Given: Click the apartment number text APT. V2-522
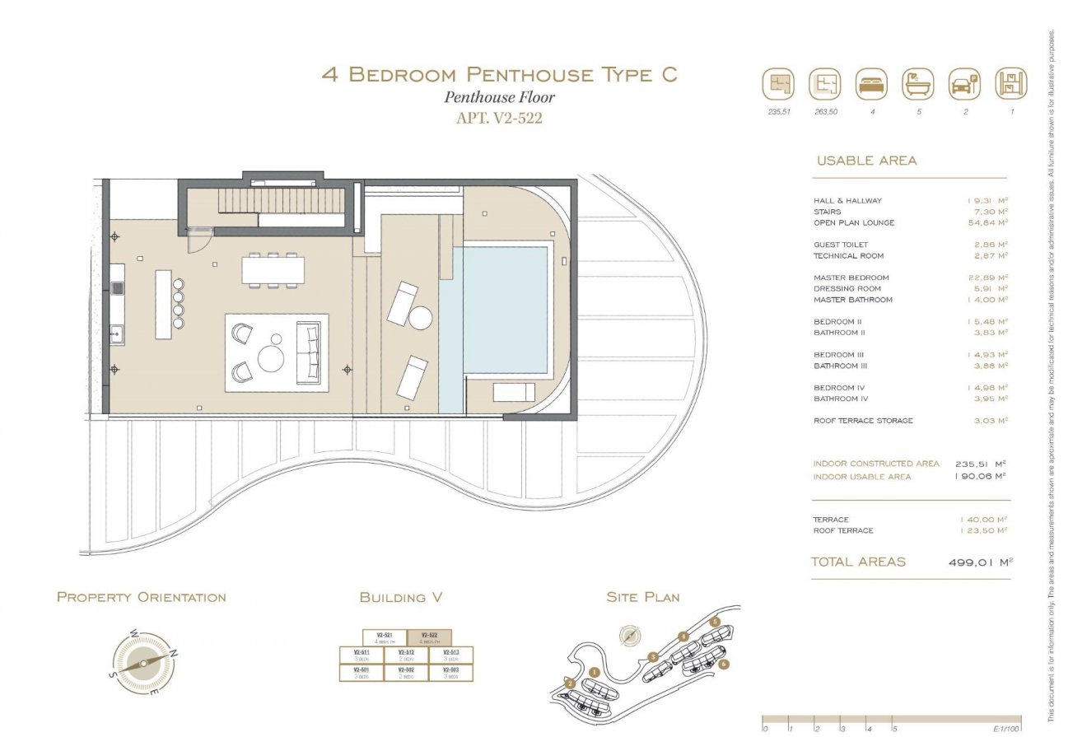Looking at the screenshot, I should tap(499, 118).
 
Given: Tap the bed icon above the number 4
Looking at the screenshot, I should tap(871, 84).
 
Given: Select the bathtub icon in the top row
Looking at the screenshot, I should tap(918, 84).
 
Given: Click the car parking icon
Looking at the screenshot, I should tap(964, 84).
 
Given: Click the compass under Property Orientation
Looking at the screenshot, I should tap(143, 662).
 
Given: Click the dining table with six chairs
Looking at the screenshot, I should tap(273, 270).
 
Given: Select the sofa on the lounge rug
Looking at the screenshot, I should tap(311, 352).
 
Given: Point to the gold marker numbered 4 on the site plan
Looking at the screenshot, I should tap(683, 636).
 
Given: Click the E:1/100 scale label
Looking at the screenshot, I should tap(1005, 729).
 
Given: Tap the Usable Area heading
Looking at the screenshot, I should tap(865, 161).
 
